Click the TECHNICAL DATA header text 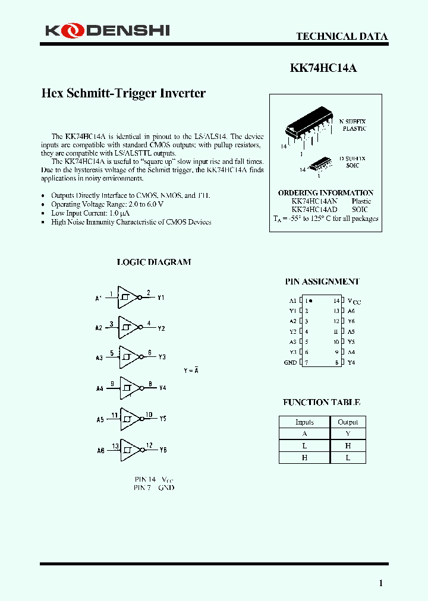(x=342, y=36)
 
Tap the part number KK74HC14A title (x=323, y=68)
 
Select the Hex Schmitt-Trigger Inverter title (x=123, y=93)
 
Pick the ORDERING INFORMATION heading (x=325, y=193)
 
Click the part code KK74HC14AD (x=314, y=210)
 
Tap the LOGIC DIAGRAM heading (x=153, y=262)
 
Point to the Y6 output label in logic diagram (x=163, y=450)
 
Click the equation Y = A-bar (x=191, y=371)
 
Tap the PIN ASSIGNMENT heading (x=322, y=282)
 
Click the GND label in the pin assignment (x=290, y=362)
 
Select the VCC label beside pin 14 (x=354, y=302)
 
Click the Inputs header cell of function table (x=304, y=422)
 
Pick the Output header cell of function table (x=348, y=422)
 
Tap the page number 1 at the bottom (x=381, y=583)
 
